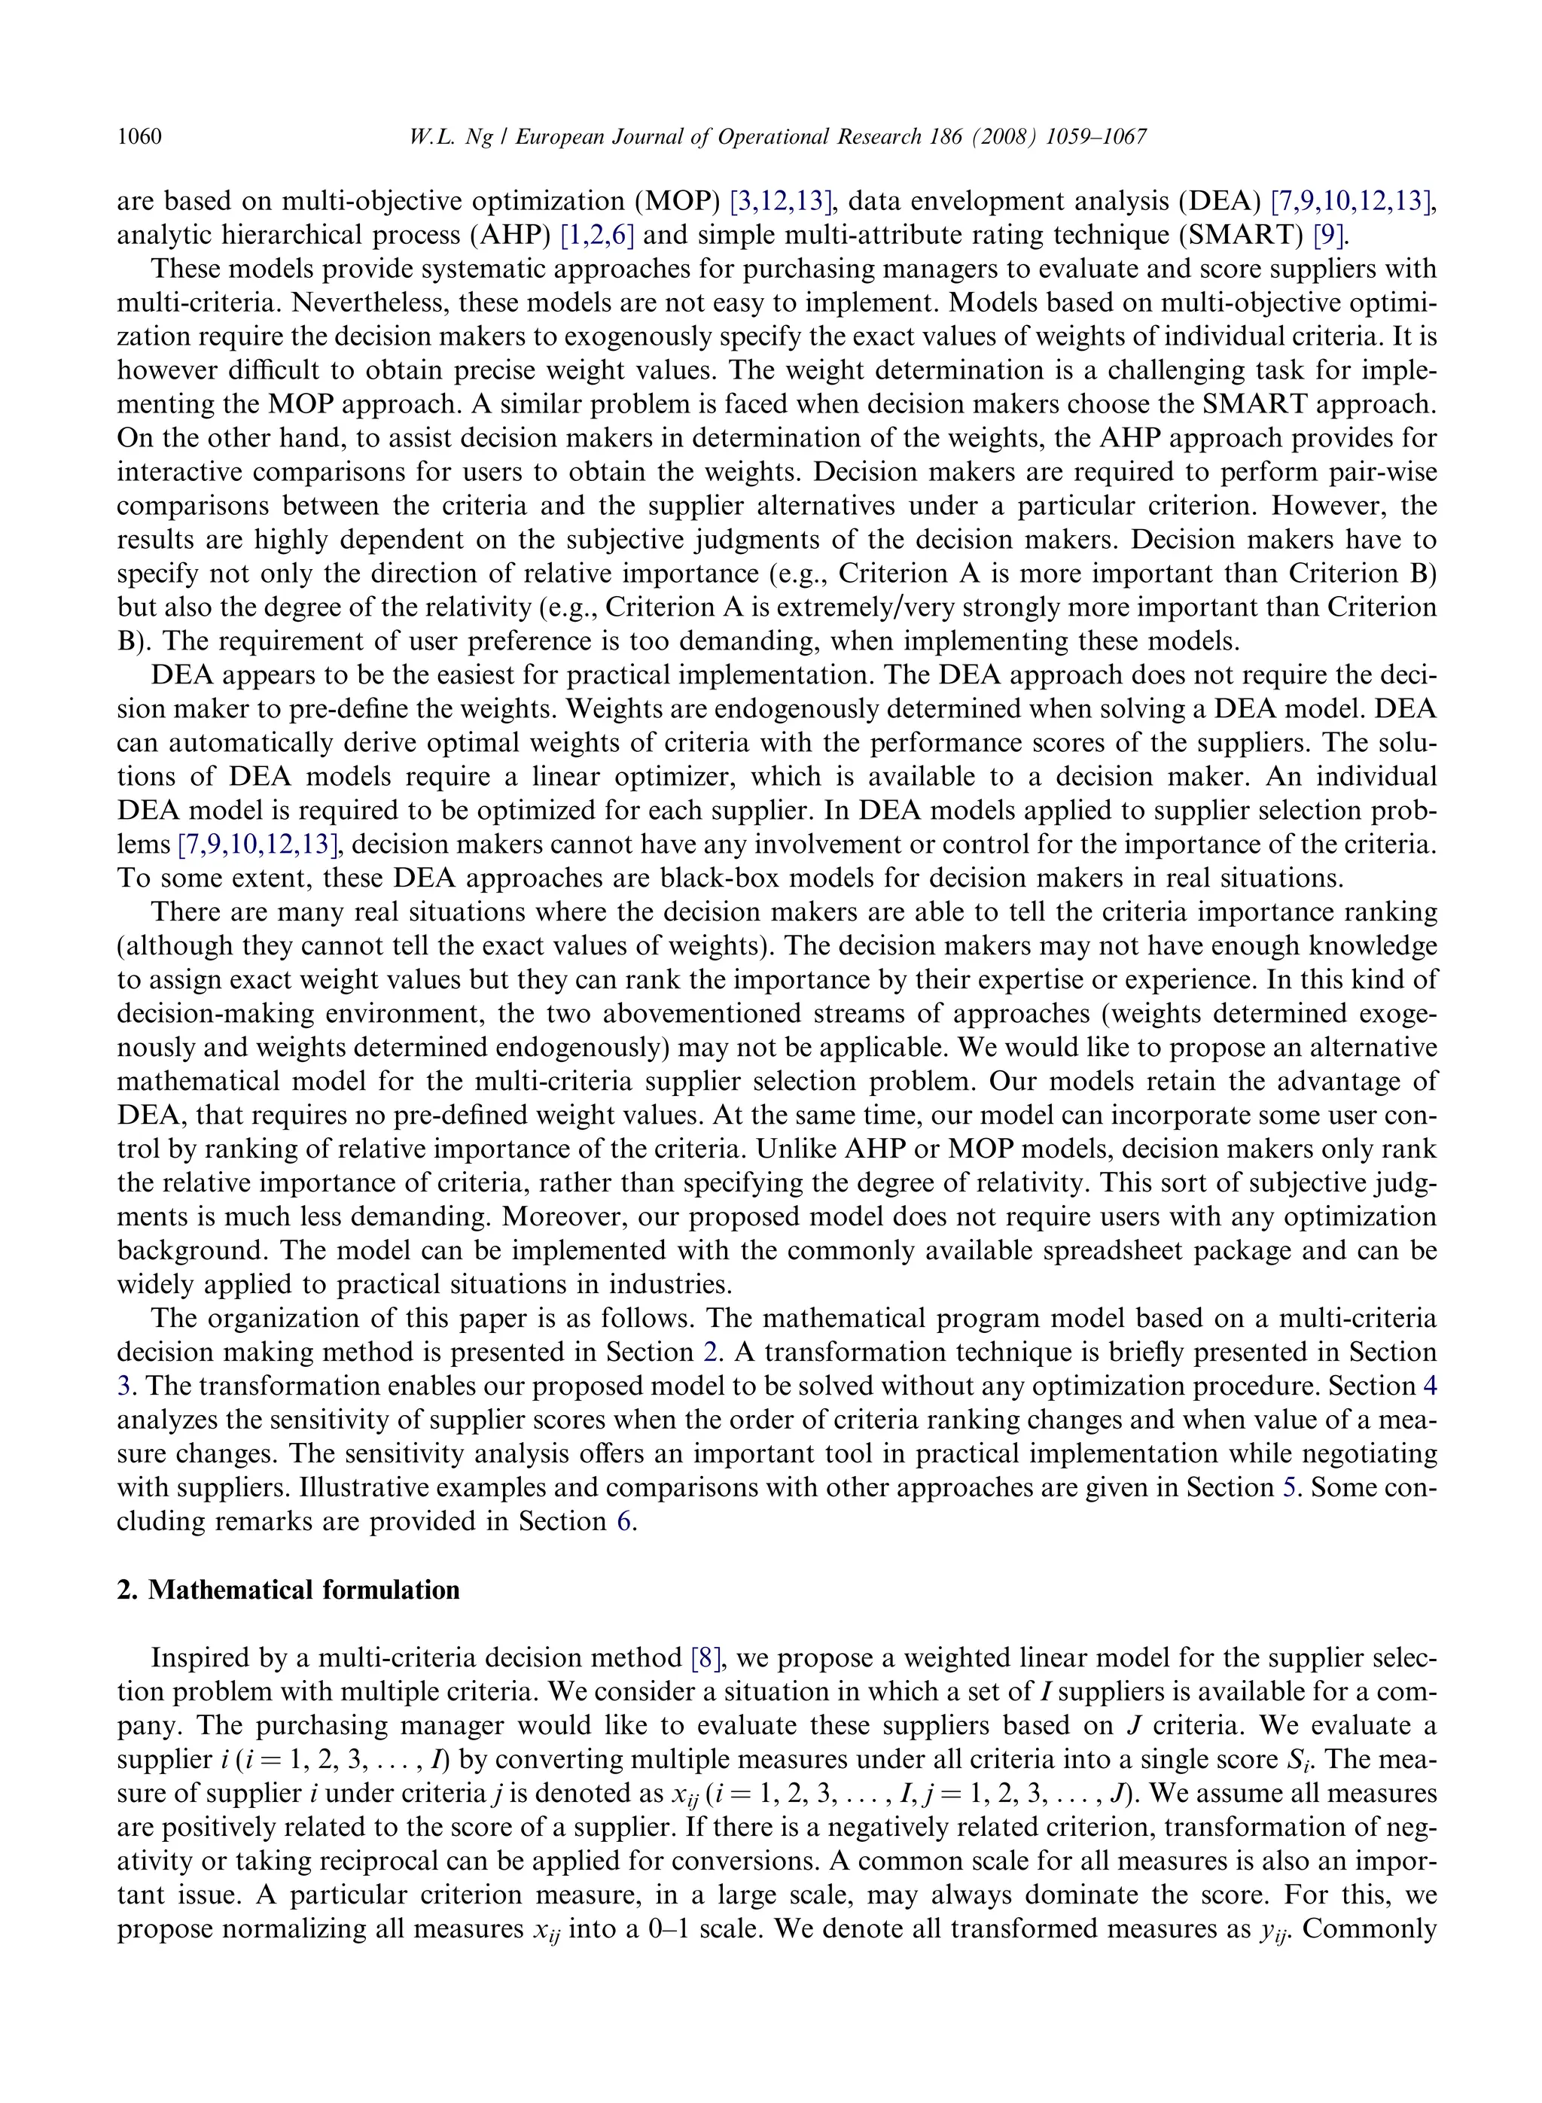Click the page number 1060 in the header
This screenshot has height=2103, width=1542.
(x=139, y=137)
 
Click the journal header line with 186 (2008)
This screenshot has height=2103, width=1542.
(x=776, y=137)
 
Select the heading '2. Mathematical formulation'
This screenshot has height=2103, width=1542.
(x=288, y=1590)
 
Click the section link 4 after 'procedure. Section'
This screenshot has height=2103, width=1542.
(x=1429, y=1386)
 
